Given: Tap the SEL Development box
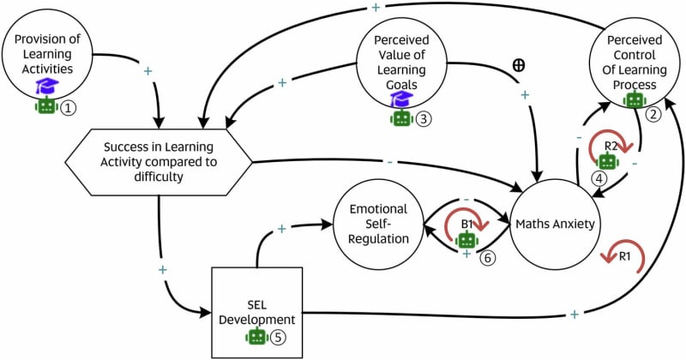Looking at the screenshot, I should tap(256, 311).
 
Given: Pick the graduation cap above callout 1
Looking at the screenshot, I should tap(46, 86).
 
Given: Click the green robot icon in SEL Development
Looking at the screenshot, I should tap(256, 337).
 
